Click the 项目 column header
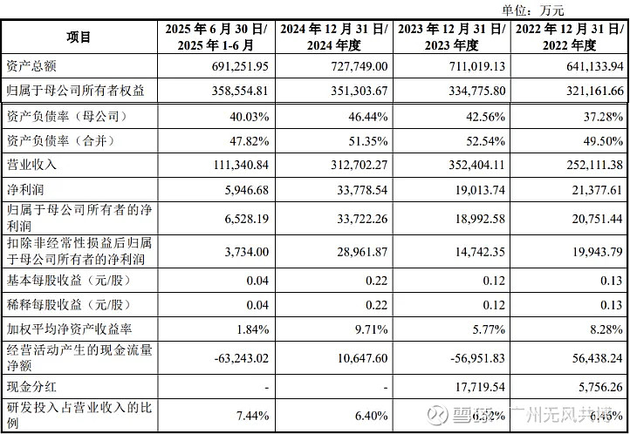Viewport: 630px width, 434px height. pyautogui.click(x=79, y=37)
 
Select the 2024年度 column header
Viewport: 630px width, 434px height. pyautogui.click(x=334, y=37)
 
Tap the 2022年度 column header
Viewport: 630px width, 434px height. pyautogui.click(x=571, y=37)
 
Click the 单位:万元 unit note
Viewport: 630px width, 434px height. pyautogui.click(x=533, y=10)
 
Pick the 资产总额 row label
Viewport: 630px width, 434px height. pyautogui.click(x=32, y=66)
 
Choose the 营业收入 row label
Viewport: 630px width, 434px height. pyautogui.click(x=32, y=164)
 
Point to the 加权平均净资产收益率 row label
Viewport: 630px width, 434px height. pyautogui.click(x=71, y=329)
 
